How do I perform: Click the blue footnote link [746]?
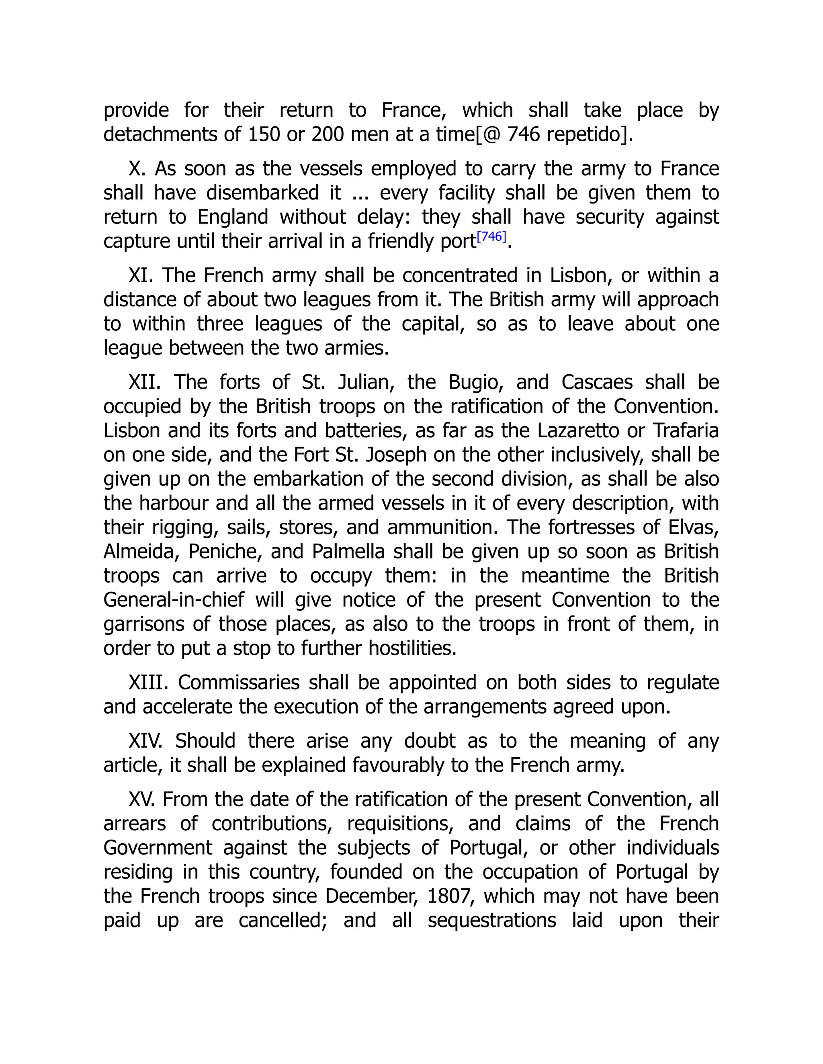click(x=491, y=237)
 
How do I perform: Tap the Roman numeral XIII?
click(x=148, y=683)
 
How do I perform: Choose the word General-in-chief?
click(x=174, y=600)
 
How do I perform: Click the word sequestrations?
click(x=492, y=921)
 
